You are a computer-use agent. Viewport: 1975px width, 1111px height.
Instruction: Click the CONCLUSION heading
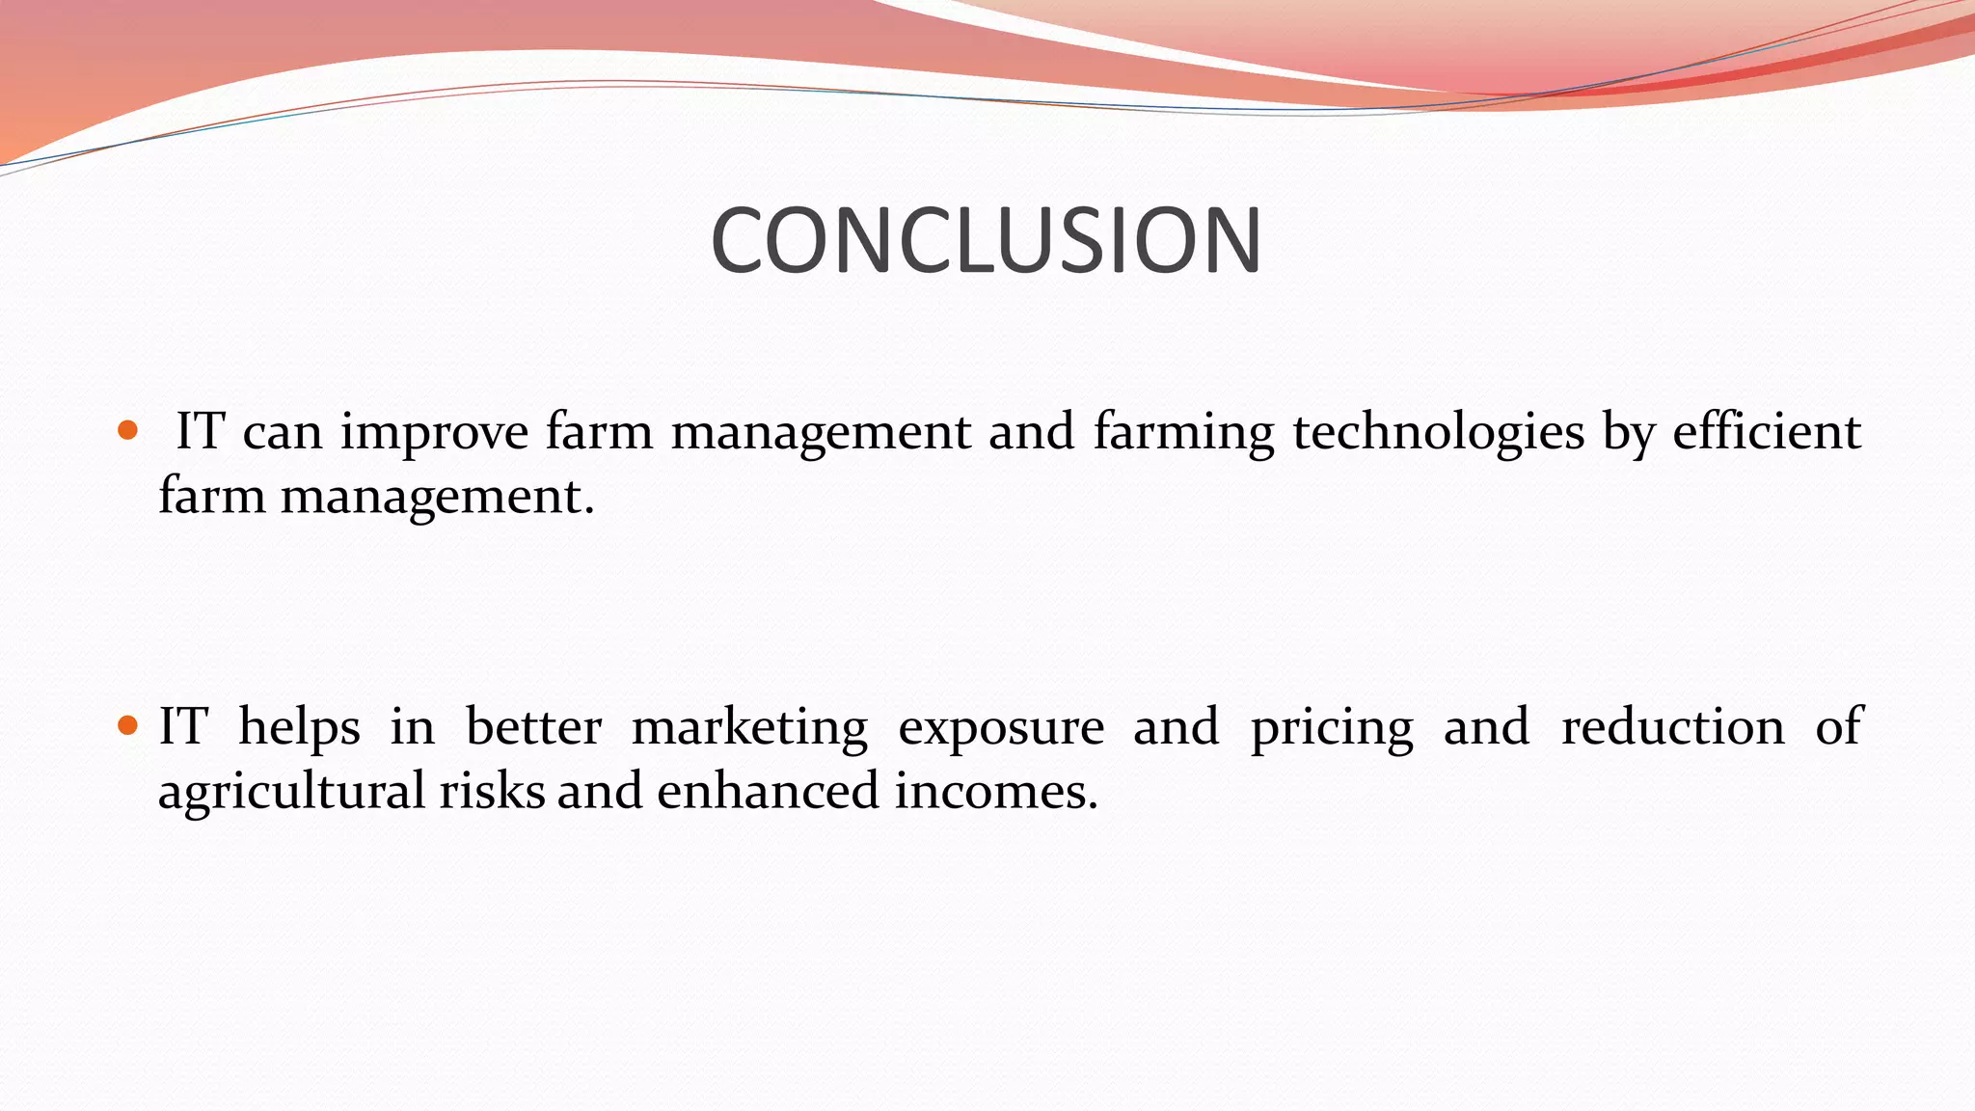pyautogui.click(x=986, y=240)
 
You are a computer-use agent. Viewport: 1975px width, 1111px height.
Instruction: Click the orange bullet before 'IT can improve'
pyautogui.click(x=126, y=430)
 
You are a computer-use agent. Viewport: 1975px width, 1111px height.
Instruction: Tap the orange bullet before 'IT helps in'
pyautogui.click(x=126, y=724)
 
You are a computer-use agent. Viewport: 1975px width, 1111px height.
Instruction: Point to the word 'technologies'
pyautogui.click(x=1438, y=432)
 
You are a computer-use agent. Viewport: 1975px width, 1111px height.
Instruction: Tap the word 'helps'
pyautogui.click(x=299, y=727)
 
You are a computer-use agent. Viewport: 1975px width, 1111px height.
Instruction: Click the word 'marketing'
pyautogui.click(x=749, y=727)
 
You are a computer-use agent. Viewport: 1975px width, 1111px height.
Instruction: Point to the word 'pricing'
pyautogui.click(x=1332, y=727)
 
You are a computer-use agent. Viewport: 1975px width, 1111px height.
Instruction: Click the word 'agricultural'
pyautogui.click(x=291, y=792)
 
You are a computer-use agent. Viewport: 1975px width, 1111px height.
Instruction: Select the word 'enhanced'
pyautogui.click(x=768, y=790)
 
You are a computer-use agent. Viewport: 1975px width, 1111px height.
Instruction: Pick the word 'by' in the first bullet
pyautogui.click(x=1628, y=432)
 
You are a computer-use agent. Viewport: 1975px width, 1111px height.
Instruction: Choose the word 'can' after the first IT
pyautogui.click(x=282, y=432)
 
